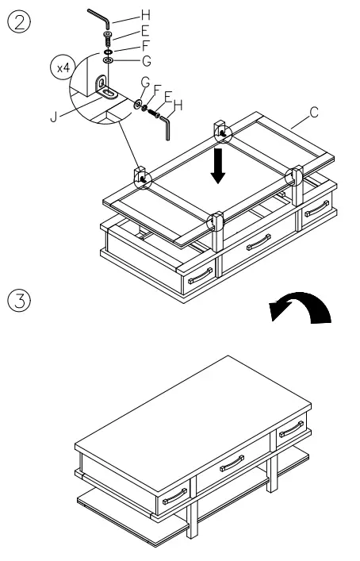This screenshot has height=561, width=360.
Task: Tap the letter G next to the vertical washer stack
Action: click(144, 60)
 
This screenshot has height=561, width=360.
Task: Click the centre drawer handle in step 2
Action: click(259, 242)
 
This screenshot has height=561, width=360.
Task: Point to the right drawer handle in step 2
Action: click(316, 209)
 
